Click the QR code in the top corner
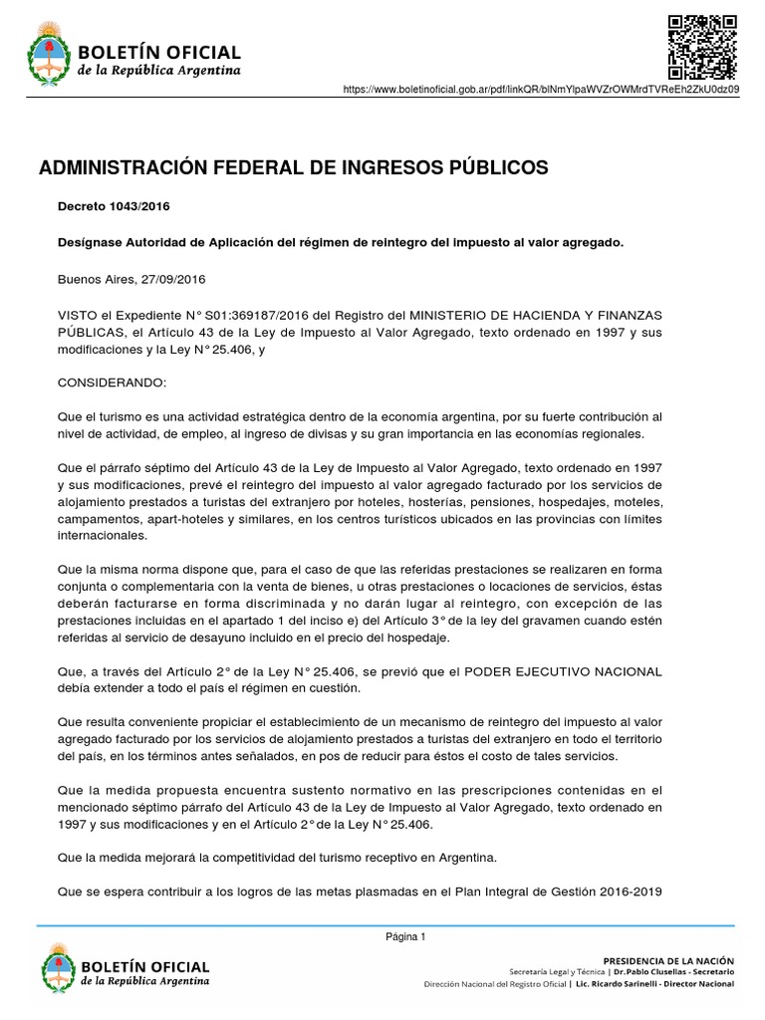point(701,47)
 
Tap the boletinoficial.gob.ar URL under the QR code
point(541,90)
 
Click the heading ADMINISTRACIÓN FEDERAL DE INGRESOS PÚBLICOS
point(293,168)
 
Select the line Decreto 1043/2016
point(114,207)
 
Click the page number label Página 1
point(405,936)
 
